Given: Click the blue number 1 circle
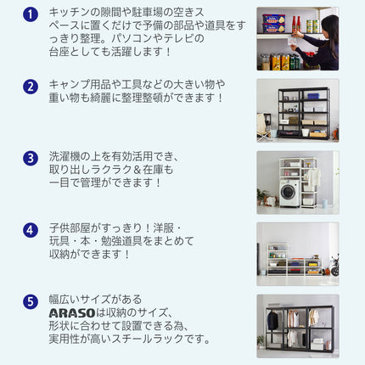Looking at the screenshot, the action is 31,14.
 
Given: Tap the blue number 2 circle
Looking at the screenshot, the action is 31,87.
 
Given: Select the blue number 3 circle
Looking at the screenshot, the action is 31,158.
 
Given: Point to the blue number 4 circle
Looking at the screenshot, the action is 31,230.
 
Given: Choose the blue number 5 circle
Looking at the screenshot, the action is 31,301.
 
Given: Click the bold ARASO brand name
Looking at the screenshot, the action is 72,313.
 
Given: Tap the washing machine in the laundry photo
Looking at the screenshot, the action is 289,193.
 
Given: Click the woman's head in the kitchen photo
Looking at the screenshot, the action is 330,24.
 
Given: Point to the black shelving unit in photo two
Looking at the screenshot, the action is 304,113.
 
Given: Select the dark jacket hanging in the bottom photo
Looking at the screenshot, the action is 272,321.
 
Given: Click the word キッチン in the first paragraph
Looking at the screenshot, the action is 70,12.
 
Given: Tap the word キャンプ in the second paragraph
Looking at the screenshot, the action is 70,84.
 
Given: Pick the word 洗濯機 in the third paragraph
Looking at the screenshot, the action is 65,156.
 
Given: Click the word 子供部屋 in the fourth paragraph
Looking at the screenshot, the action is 70,228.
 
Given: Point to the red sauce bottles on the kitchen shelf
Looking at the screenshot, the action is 295,25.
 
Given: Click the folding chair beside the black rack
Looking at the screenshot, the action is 264,127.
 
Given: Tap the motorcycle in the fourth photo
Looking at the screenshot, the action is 334,266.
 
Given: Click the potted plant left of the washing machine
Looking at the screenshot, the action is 261,196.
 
